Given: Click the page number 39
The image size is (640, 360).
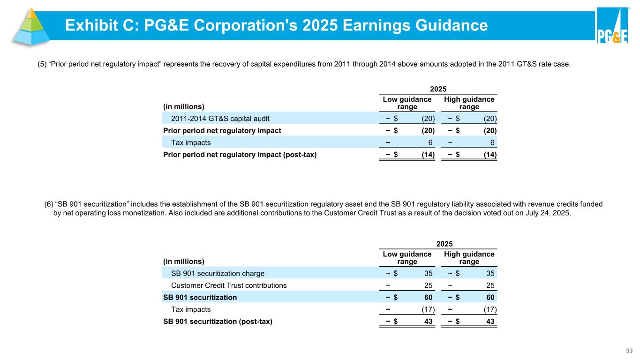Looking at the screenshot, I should [x=629, y=351].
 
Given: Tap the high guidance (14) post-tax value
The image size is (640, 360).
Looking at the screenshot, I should [x=489, y=155].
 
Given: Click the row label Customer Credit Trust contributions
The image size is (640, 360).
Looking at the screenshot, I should [x=229, y=285].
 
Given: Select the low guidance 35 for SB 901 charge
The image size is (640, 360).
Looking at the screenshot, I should [x=428, y=273].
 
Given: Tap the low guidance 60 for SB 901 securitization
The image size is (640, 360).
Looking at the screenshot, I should [x=428, y=297].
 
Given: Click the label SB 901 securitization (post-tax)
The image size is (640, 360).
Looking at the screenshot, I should [x=217, y=322].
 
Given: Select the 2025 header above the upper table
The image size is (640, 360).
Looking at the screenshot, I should [x=438, y=89].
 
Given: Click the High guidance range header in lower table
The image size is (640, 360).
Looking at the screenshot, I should [x=469, y=258].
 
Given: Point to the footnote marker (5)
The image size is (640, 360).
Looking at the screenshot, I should [x=42, y=65].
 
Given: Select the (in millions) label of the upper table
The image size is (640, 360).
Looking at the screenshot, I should [x=184, y=106].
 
